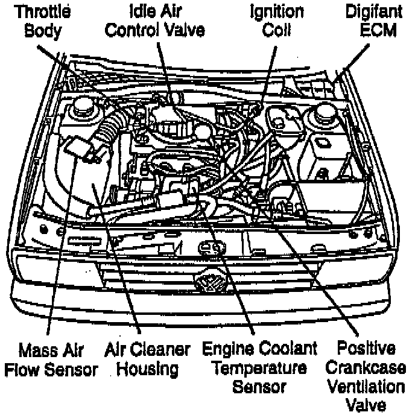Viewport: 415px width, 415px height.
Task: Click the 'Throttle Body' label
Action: point(43,21)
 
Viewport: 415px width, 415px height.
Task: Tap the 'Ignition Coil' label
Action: point(278,21)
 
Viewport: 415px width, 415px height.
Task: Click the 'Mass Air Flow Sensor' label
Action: point(51,359)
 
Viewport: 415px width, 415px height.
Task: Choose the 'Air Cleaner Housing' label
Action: point(148,359)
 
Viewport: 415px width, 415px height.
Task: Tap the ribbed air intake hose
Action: point(108,130)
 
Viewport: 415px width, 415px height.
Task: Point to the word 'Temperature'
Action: point(259,367)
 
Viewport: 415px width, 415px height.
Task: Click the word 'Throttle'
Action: point(43,11)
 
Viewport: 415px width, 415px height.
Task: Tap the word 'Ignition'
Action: point(278,11)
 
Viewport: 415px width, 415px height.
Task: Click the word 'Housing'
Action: point(148,368)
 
